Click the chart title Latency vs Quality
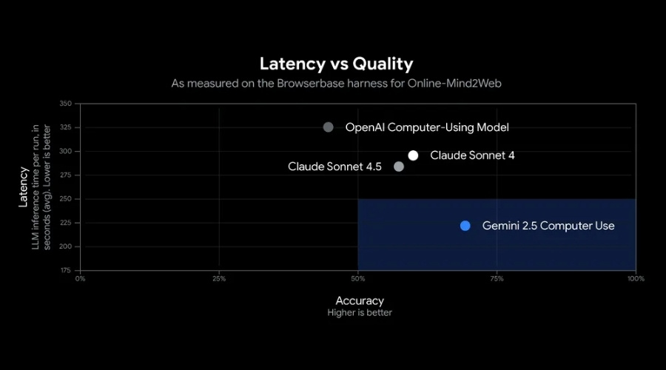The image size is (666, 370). (336, 64)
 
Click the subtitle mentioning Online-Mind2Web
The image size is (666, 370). (336, 84)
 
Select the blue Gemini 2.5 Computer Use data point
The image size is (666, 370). (465, 226)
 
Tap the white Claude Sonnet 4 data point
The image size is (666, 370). (413, 155)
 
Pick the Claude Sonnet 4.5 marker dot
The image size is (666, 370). (399, 166)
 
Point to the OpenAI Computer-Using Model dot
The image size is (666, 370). (328, 127)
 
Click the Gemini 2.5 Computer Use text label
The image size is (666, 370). (548, 226)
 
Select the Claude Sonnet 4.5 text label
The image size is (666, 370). (334, 166)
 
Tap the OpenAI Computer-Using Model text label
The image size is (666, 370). (427, 127)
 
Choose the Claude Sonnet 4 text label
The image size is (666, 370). (472, 155)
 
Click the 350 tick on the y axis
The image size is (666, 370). (66, 104)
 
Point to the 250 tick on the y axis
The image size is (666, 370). (66, 199)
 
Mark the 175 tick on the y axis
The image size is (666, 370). (66, 270)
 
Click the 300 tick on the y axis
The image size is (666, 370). (66, 151)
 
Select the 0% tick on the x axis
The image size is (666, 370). (81, 279)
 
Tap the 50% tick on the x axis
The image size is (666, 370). (358, 279)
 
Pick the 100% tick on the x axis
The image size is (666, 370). (636, 279)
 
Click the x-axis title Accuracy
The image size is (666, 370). (360, 300)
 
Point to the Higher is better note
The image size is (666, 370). (360, 313)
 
